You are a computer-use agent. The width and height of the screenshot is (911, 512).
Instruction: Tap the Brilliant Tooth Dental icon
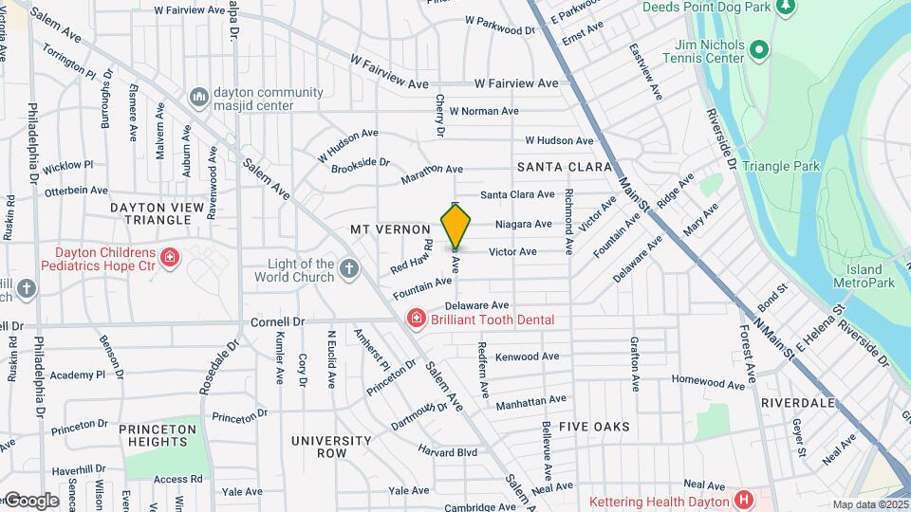(x=415, y=320)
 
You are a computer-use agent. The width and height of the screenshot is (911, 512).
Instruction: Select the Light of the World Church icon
(x=349, y=270)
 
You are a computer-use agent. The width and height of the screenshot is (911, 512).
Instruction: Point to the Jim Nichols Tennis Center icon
(x=757, y=49)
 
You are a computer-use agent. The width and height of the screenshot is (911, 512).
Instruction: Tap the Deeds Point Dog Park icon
(x=784, y=7)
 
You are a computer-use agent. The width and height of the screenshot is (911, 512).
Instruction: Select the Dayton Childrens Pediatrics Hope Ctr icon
(x=170, y=257)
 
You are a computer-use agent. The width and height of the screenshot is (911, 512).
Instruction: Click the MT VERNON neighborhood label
(x=390, y=229)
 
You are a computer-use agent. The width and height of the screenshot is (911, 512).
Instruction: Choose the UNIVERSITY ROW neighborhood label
(x=331, y=447)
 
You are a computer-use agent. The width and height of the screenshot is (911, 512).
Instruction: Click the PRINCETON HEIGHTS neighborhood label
(x=158, y=435)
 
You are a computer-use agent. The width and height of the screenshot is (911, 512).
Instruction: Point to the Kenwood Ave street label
(x=527, y=357)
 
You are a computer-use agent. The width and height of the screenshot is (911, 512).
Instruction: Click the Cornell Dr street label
(x=277, y=321)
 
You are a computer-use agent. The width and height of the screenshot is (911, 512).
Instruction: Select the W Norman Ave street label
(x=484, y=111)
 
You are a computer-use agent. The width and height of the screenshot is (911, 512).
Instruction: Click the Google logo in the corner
(x=30, y=501)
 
